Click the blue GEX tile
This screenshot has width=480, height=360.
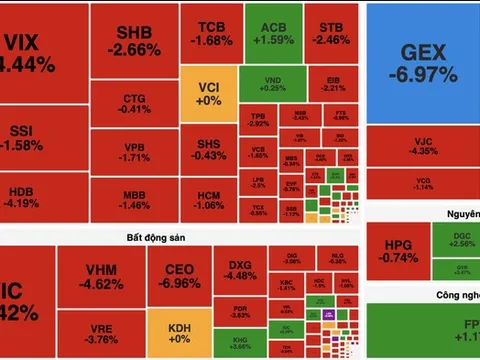click(x=422, y=62)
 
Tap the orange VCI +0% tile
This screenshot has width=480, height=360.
click(x=208, y=95)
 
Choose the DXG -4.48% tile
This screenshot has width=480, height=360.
click(x=241, y=270)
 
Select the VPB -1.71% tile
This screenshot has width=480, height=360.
click(x=134, y=152)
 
